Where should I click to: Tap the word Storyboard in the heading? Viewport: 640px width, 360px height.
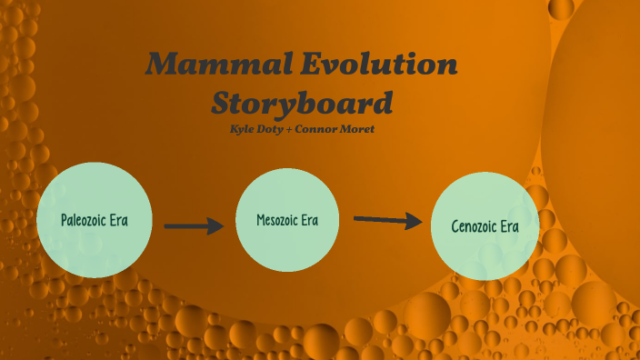click(302, 103)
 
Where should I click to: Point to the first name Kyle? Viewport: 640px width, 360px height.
click(243, 129)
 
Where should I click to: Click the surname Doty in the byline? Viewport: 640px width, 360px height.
click(274, 129)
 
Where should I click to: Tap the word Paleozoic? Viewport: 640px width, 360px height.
click(85, 221)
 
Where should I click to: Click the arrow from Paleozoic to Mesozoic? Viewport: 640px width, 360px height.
click(194, 225)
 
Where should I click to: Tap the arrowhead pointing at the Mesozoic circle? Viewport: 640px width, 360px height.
click(215, 225)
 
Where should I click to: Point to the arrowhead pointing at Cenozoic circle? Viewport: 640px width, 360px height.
click(414, 221)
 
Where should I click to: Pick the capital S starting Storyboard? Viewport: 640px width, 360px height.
click(225, 103)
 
